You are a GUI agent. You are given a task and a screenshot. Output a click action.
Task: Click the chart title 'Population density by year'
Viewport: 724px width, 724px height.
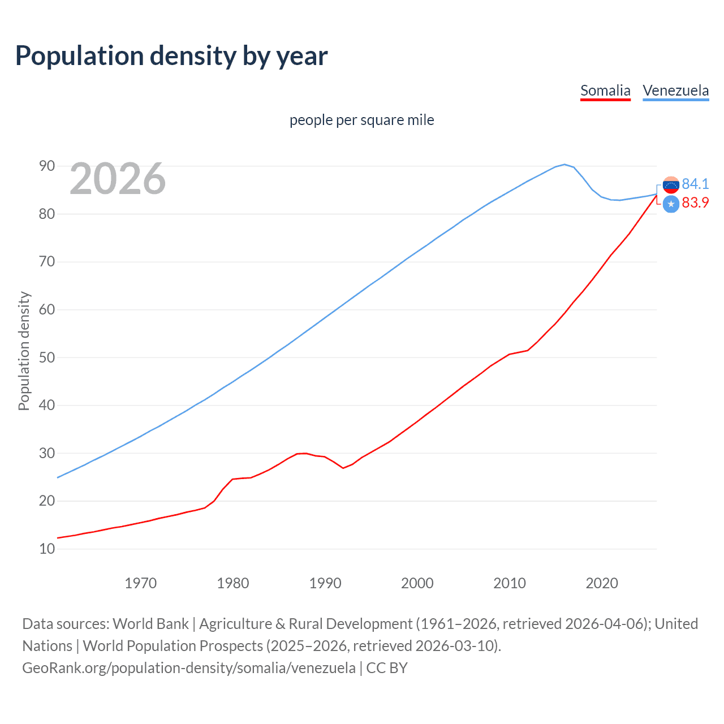(171, 56)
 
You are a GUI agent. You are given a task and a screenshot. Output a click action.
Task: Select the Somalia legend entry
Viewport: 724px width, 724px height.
(605, 90)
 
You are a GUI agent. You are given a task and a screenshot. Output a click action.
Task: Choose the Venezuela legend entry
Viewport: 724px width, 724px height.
(675, 90)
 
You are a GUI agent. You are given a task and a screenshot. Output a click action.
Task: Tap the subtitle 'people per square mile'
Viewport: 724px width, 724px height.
(362, 120)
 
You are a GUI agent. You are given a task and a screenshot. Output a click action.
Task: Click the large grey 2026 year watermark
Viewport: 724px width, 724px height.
(118, 179)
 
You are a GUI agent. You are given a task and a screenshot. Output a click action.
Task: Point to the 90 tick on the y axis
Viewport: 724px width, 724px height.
(47, 166)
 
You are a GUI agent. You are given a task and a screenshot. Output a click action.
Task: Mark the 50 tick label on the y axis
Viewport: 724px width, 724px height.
(47, 357)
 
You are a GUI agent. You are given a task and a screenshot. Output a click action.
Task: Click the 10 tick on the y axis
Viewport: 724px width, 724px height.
(47, 549)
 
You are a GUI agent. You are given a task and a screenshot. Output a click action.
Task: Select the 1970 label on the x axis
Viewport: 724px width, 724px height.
(141, 583)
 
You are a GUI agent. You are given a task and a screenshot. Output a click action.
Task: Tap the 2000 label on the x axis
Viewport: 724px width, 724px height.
(417, 583)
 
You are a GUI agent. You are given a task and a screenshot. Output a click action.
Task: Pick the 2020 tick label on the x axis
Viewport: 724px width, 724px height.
(602, 583)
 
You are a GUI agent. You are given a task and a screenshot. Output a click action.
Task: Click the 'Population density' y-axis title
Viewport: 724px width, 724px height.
(24, 351)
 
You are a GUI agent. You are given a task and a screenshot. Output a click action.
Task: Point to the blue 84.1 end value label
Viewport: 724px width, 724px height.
(695, 184)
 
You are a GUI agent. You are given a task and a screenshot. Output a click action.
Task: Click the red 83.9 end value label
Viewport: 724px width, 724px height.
(695, 203)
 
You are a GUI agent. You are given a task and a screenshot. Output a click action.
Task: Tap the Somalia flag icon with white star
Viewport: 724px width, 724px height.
(671, 204)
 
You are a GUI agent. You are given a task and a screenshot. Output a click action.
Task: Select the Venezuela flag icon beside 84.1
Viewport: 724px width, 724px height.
(671, 185)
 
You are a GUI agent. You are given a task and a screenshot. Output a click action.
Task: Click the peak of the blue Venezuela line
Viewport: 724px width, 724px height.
(564, 165)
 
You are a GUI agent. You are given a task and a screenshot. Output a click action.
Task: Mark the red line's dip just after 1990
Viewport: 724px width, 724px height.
(343, 468)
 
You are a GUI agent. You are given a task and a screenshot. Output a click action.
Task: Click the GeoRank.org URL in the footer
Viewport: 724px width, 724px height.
(189, 668)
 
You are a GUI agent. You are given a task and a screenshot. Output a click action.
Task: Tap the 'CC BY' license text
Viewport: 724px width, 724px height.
(387, 668)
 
